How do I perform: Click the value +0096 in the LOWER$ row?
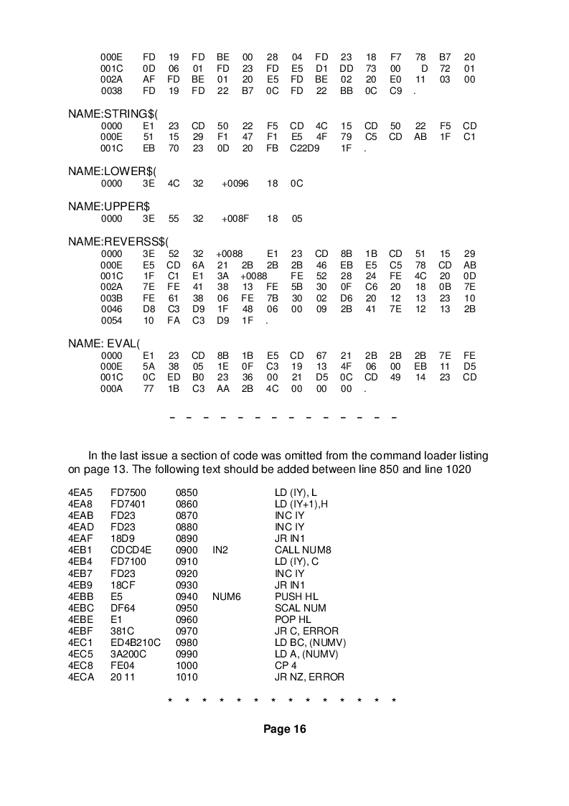235,183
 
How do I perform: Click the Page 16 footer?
284,729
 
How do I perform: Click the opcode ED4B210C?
136,642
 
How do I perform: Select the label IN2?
220,550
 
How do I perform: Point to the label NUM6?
225,596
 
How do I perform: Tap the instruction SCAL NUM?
301,608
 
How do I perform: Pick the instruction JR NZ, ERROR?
309,677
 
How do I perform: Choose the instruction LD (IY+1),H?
301,505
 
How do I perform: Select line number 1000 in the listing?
187,665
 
